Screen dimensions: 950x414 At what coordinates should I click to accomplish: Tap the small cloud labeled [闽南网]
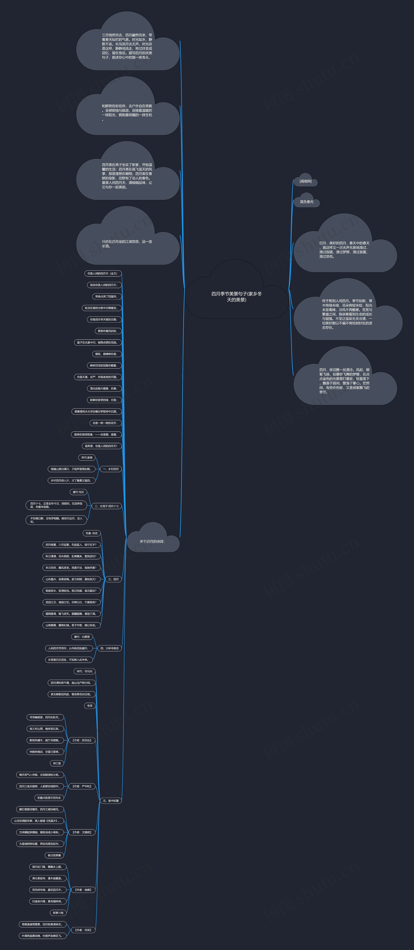click(x=306, y=181)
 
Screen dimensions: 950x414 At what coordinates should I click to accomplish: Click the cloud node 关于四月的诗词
click(x=152, y=541)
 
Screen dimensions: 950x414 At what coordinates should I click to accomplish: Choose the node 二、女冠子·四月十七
click(x=107, y=506)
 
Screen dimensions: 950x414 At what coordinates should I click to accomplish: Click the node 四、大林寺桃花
click(x=109, y=648)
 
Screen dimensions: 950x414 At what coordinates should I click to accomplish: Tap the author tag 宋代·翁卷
click(x=87, y=458)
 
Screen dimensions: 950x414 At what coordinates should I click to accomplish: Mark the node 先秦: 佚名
click(x=91, y=533)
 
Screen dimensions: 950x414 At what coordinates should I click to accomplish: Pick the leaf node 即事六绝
click(x=58, y=913)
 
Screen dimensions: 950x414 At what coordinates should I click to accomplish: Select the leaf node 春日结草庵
click(x=54, y=855)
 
